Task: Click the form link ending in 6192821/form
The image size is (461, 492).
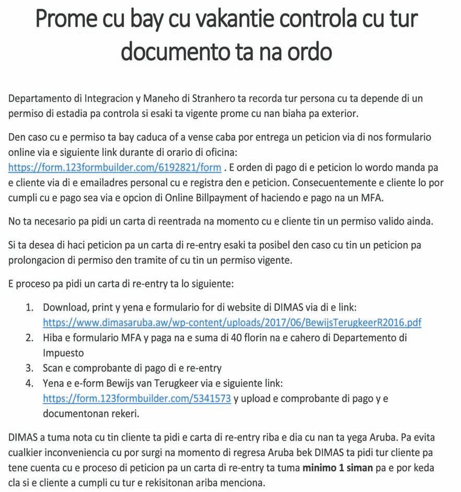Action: [114, 168]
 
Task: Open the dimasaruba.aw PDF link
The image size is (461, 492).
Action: [232, 322]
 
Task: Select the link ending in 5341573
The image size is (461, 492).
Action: [136, 398]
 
